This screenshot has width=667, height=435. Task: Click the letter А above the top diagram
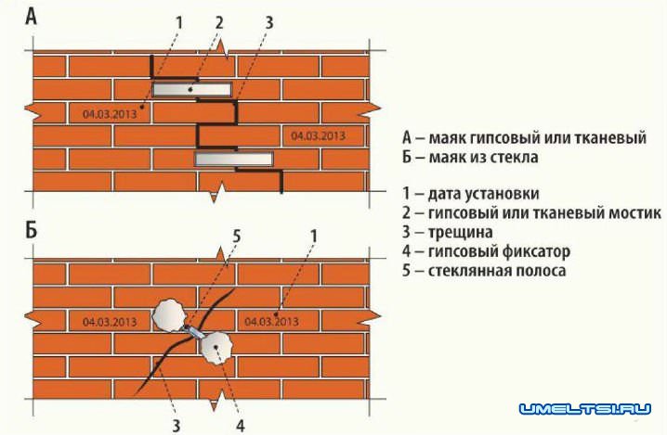click(x=32, y=17)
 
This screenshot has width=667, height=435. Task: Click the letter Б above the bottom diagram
click(x=32, y=231)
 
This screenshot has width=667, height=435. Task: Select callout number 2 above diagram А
click(x=219, y=22)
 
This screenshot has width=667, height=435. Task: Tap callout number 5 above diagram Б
click(x=237, y=237)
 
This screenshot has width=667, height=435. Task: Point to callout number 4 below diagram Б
click(x=241, y=425)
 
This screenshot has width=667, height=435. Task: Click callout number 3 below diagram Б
click(x=177, y=425)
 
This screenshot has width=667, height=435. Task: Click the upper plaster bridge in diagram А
click(x=192, y=89)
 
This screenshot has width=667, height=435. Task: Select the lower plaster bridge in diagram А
click(x=233, y=159)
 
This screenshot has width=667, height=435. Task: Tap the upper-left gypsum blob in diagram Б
click(x=169, y=315)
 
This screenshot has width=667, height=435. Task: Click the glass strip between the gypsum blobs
click(x=193, y=331)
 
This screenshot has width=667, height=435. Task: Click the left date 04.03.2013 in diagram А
click(x=110, y=114)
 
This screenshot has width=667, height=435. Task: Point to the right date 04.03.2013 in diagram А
click(x=319, y=136)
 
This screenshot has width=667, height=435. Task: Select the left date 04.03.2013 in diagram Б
click(x=110, y=322)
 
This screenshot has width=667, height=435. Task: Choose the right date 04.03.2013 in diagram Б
click(x=271, y=322)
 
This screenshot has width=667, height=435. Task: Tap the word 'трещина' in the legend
click(x=460, y=233)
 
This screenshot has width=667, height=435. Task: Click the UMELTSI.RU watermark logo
click(x=585, y=409)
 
